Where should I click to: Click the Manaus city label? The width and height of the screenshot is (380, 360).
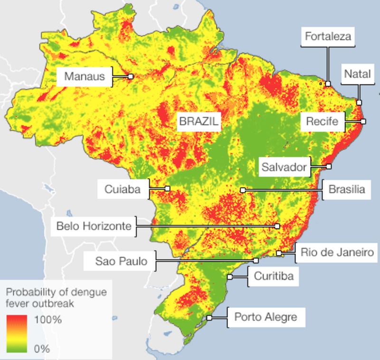click(x=84, y=76)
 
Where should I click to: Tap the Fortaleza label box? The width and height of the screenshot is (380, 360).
click(x=328, y=37)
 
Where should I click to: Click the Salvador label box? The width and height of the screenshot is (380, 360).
click(x=285, y=167)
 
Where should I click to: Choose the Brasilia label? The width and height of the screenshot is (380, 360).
click(x=346, y=189)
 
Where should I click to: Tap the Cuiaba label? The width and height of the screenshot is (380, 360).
click(x=122, y=189)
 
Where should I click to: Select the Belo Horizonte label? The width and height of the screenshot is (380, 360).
click(x=94, y=226)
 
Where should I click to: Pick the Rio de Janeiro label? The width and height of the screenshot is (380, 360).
click(x=337, y=253)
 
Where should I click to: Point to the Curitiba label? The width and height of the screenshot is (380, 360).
click(x=273, y=276)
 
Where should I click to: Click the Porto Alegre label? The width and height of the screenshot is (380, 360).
click(x=266, y=317)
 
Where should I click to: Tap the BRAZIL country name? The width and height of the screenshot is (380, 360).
click(x=199, y=122)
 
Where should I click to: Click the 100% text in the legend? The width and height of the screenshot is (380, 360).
click(x=48, y=319)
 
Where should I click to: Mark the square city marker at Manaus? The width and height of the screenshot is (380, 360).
click(x=131, y=76)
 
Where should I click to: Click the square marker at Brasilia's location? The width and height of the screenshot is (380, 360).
click(x=242, y=190)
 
